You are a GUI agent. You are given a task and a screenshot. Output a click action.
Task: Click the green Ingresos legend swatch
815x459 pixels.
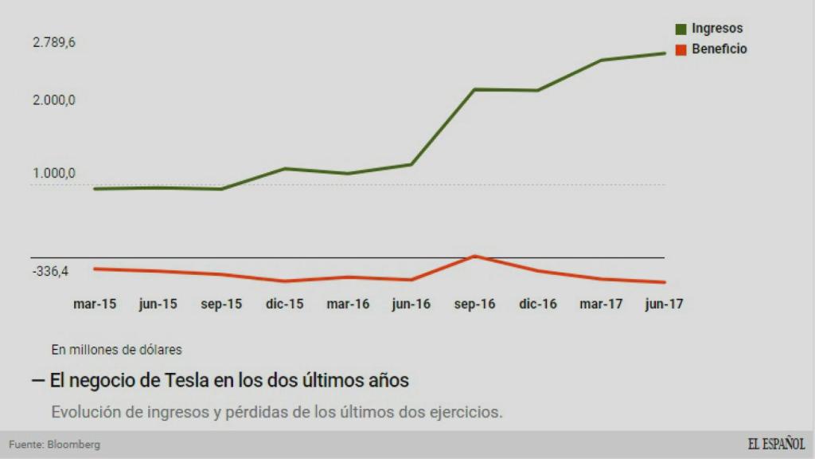681,29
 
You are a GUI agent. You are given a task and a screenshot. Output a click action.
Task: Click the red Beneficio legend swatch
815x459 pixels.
681,49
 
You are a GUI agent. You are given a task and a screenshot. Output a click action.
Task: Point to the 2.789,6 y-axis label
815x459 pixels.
54,43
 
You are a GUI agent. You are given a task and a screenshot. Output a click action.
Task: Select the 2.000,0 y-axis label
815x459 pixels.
54,100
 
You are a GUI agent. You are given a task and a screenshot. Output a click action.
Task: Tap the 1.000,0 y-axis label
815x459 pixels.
54,174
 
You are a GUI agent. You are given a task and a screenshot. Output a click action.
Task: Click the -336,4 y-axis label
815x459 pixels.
51,272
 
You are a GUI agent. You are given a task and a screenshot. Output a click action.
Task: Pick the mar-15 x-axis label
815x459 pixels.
95,304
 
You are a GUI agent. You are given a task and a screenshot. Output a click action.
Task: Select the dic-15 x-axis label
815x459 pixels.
285,304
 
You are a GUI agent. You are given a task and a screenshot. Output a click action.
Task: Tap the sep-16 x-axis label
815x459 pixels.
474,304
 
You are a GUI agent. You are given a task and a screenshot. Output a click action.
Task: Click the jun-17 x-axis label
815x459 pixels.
665,304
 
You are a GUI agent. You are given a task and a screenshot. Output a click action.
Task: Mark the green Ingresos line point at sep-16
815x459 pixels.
474,89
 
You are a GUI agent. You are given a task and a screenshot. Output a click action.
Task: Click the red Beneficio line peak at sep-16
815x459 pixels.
474,256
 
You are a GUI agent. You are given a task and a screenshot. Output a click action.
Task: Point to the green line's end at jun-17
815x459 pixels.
665,53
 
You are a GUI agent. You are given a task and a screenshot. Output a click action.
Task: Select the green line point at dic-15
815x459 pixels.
285,168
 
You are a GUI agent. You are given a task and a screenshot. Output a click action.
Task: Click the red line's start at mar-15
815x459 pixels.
95,269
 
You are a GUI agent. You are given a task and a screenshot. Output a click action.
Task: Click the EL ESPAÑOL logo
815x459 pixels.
776,444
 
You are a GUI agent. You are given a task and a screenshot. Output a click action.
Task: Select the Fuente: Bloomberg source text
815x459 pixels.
55,445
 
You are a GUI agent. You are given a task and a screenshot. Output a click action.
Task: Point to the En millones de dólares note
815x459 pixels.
117,349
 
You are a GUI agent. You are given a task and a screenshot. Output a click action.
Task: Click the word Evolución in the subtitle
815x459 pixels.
84,412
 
